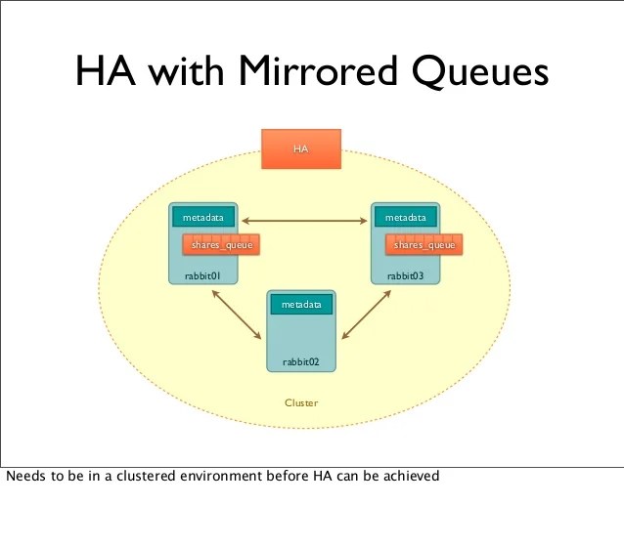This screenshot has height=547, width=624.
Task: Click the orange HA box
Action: [301, 148]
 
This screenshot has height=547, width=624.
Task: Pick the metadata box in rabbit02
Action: [301, 305]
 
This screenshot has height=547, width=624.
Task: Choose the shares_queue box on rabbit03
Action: [423, 245]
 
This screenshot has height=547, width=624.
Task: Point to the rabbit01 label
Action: [191, 276]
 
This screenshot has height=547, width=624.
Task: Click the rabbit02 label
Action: [301, 361]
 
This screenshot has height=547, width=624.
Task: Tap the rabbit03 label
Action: [405, 276]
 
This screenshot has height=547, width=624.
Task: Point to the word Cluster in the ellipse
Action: [301, 402]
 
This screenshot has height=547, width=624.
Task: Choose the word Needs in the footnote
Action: [23, 477]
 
